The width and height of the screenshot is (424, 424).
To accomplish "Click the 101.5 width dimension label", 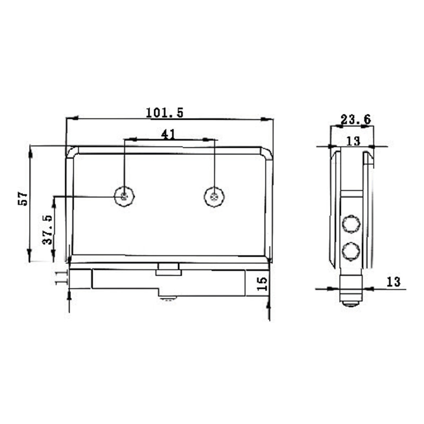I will pyautogui.click(x=164, y=112).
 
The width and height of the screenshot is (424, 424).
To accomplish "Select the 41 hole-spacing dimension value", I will pyautogui.click(x=168, y=135).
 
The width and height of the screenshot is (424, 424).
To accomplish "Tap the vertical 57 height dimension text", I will pyautogui.click(x=23, y=198).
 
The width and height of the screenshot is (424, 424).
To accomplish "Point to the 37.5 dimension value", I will pyautogui.click(x=47, y=229).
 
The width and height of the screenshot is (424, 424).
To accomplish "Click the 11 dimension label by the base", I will pyautogui.click(x=60, y=278).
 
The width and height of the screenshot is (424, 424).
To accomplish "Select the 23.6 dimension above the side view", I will pyautogui.click(x=355, y=120).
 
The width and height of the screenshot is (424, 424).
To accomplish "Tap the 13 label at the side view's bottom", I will pyautogui.click(x=393, y=282).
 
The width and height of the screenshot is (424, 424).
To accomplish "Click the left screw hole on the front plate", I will pyautogui.click(x=125, y=197).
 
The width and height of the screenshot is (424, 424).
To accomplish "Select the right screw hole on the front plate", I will pyautogui.click(x=214, y=197).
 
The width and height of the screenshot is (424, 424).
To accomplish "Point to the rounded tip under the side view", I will pyautogui.click(x=349, y=304).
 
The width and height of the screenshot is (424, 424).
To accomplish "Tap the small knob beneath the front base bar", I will pyautogui.click(x=169, y=299).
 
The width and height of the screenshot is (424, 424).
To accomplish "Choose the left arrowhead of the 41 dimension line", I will pyautogui.click(x=128, y=140).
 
